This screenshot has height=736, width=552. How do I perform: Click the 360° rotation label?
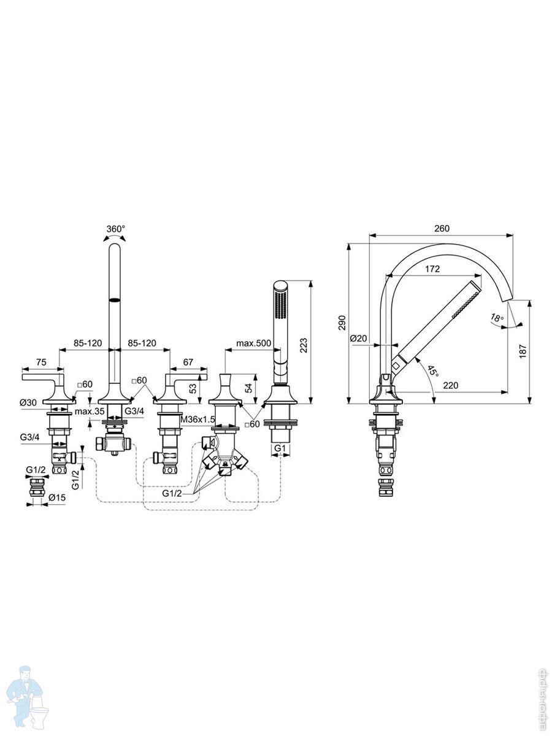(116, 229)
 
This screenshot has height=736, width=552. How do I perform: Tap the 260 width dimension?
(442, 228)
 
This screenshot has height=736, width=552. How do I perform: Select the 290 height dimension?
(342, 323)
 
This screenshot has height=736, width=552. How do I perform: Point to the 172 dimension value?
(432, 269)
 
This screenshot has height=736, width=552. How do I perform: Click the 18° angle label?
(497, 316)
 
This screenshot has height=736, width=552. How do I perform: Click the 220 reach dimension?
(450, 385)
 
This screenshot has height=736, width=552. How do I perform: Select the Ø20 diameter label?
(359, 339)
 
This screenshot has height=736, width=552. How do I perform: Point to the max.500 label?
(254, 343)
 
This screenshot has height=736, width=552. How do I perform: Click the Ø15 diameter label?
(57, 498)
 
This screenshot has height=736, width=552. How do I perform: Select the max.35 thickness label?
(90, 411)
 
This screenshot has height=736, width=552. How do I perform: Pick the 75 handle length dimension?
(41, 362)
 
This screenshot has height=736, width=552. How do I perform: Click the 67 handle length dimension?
(188, 362)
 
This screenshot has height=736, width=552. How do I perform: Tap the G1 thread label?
(280, 448)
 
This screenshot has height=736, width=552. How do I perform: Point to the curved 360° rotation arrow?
(115, 237)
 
